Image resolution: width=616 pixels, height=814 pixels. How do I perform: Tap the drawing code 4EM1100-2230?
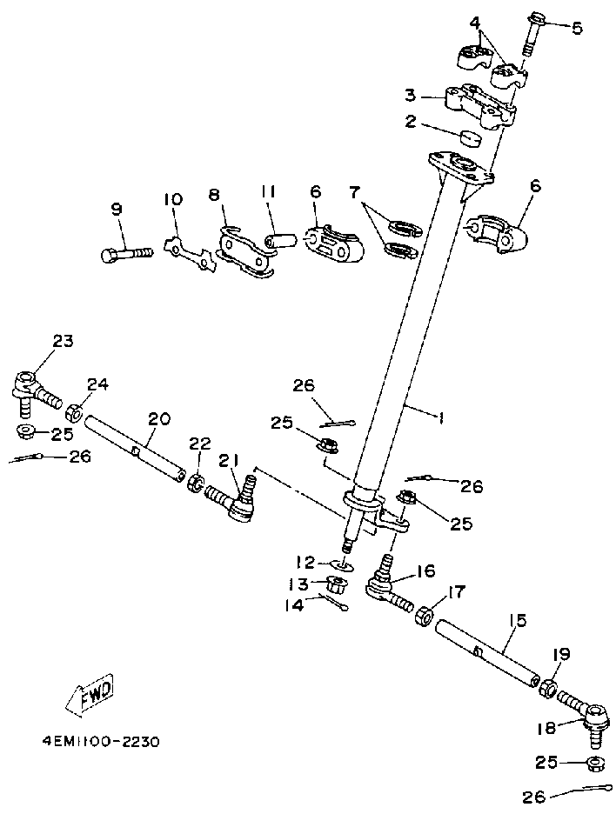point(101,741)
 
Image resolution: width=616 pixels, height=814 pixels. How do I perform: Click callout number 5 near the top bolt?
point(577,28)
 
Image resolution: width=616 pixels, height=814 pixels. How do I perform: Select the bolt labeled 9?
point(127,254)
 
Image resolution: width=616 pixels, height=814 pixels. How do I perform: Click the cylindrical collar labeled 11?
point(280,242)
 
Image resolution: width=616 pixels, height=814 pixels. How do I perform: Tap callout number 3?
point(411,96)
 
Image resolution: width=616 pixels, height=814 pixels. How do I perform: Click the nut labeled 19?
point(548,689)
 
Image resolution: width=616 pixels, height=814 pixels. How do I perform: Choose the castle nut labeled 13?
point(337,584)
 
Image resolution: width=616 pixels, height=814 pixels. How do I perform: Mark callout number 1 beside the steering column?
point(441,418)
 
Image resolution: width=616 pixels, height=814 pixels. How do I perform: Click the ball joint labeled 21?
point(231,497)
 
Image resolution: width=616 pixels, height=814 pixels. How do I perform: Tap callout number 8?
point(215,195)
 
